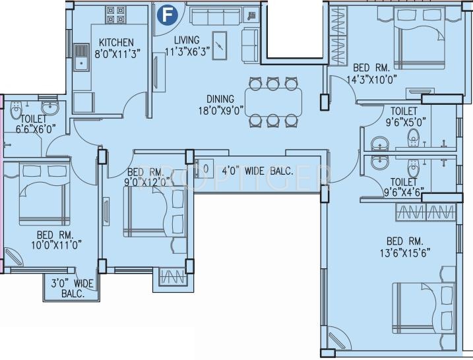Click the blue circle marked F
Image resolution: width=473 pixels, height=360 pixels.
167,15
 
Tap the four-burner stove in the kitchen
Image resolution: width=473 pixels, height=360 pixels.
115,15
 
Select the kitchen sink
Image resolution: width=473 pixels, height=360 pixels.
81,57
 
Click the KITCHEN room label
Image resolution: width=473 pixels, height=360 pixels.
116,42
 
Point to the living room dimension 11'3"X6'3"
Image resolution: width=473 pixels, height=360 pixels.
187,51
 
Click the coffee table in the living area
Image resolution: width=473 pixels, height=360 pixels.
220,45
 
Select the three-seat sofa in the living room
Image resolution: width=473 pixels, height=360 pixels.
215,16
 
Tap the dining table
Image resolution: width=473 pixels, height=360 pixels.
273,102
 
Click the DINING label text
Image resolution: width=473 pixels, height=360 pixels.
220,99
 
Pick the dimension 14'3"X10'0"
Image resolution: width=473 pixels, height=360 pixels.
371,80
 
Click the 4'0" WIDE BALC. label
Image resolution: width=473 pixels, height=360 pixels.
258,171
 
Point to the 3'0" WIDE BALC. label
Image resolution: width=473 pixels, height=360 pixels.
73,288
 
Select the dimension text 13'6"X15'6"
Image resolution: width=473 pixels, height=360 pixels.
405,253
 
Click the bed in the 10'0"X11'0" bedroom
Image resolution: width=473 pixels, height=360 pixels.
45,193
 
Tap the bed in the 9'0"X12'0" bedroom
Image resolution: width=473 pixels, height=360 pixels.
155,212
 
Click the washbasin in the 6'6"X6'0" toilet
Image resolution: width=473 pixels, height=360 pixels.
50,107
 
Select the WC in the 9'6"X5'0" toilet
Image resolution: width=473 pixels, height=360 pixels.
413,138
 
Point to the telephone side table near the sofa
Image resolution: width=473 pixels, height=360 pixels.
251,16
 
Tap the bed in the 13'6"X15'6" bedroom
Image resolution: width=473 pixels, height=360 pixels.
424,307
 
